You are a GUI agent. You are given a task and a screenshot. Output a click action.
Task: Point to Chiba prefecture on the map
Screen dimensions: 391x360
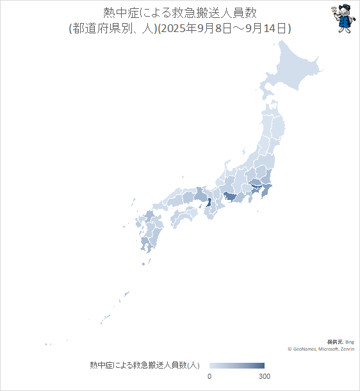coord(270,191)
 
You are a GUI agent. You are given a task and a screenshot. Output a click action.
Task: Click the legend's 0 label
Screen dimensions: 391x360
coord(209,376)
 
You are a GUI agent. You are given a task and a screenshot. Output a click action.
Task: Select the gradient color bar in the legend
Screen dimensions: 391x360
coord(237,365)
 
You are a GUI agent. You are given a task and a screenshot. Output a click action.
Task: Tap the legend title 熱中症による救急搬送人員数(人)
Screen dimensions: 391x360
coord(145,365)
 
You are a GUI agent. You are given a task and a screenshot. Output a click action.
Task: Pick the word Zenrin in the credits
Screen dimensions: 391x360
coord(348,349)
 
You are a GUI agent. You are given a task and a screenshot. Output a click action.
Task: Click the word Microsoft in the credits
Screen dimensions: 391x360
coord(329,349)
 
